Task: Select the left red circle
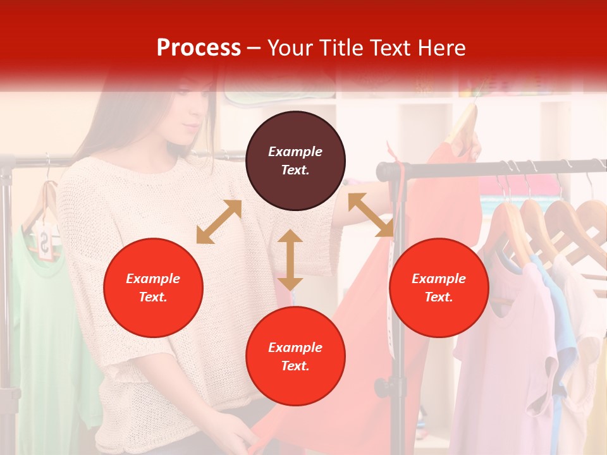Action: [153, 288]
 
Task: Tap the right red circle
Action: [439, 288]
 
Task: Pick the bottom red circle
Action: [295, 356]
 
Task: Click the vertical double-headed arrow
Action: [290, 260]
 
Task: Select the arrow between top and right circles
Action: [371, 215]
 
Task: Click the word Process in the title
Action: [199, 47]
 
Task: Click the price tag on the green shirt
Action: [46, 243]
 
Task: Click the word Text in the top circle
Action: [295, 170]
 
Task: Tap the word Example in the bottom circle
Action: [295, 347]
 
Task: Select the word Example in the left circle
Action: [153, 278]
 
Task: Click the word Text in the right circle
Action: [439, 297]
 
